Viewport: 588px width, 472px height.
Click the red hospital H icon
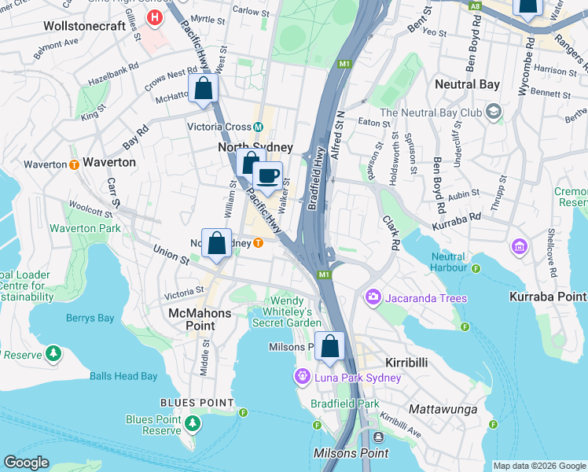pyautogui.click(x=156, y=17)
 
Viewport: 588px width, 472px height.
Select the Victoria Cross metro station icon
pyautogui.click(x=258, y=127)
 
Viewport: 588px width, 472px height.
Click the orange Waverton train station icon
pyautogui.click(x=73, y=164)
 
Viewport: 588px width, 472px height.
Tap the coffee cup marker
pyautogui.click(x=268, y=175)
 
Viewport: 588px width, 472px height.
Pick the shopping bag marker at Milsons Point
pyautogui.click(x=330, y=346)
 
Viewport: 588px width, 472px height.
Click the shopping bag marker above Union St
pyautogui.click(x=217, y=243)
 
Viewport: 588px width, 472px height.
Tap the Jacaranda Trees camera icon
pyautogui.click(x=372, y=298)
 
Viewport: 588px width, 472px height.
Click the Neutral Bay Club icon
pyautogui.click(x=493, y=112)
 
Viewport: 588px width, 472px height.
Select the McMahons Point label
pyautogui.click(x=200, y=319)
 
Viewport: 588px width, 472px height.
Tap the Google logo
pyautogui.click(x=26, y=463)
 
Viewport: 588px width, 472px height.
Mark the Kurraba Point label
pyautogui.click(x=546, y=297)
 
